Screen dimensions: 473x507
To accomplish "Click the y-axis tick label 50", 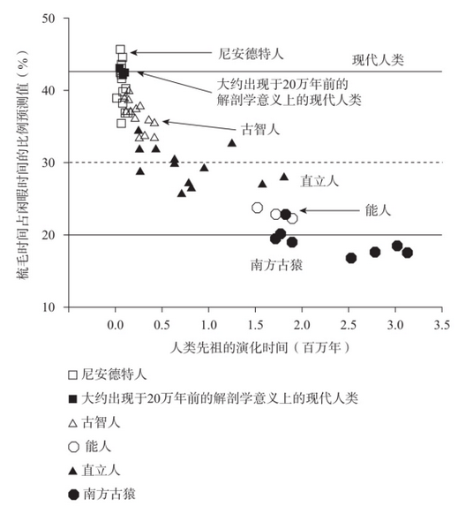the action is tap(49, 19).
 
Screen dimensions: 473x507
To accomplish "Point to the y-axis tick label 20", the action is tap(49, 235).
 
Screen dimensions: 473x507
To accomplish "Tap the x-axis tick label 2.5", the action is tap(349, 325).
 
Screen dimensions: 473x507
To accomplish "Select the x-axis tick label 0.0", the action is tap(116, 325).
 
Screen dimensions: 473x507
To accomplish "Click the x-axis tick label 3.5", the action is tap(441, 325).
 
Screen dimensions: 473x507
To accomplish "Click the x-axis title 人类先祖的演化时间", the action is tap(229, 348).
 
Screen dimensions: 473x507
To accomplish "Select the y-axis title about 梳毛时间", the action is tap(23, 164).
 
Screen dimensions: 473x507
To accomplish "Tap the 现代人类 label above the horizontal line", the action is tap(378, 60).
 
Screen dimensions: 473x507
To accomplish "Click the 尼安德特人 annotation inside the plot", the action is tap(251, 54).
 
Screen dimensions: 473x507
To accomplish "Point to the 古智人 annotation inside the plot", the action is tap(260, 130).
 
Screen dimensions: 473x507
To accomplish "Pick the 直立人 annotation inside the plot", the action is tap(319, 181).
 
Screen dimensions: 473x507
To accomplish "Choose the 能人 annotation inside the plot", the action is tap(378, 210).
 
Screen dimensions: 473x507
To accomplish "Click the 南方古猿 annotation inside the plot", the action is tap(276, 265).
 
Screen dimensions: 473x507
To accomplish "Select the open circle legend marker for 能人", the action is tap(73, 447).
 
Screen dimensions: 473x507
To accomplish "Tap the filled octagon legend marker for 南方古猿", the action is tap(73, 495).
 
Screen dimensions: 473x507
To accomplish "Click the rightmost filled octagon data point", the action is tap(407, 253).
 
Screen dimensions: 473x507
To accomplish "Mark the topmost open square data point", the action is tap(120, 49).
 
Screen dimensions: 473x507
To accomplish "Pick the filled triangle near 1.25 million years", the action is tap(232, 142).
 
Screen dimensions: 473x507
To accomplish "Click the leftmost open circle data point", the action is tap(257, 208).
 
